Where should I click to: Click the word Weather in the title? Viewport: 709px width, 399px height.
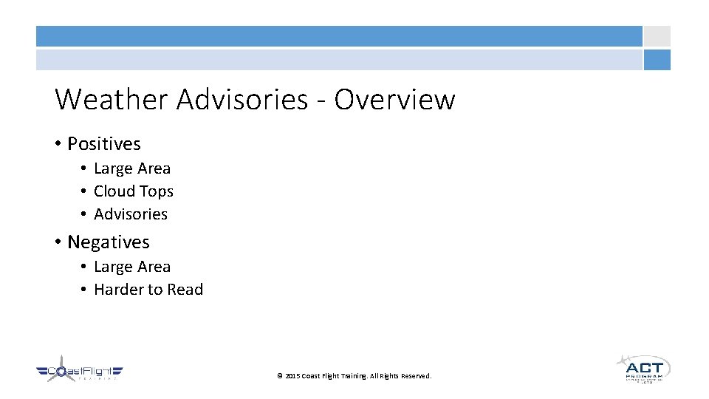point(112,99)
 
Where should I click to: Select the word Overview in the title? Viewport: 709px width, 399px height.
point(394,99)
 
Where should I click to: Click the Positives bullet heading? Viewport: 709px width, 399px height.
point(103,143)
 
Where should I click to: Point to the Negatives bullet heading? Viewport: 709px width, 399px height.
point(108,242)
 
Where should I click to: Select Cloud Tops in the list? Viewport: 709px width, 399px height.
point(134,191)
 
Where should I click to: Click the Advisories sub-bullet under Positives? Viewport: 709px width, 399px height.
point(131,214)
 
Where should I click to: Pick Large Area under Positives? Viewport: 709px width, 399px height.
point(132,168)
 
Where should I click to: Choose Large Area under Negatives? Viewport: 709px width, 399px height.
point(132,267)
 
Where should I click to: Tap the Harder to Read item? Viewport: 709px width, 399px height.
point(148,290)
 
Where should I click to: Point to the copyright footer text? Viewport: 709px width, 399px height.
point(354,376)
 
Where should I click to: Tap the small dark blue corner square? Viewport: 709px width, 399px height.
point(657,60)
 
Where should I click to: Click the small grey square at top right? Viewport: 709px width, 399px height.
point(657,36)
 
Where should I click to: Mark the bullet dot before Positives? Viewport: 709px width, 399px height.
point(58,144)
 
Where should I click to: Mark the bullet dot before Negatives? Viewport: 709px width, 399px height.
point(58,242)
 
